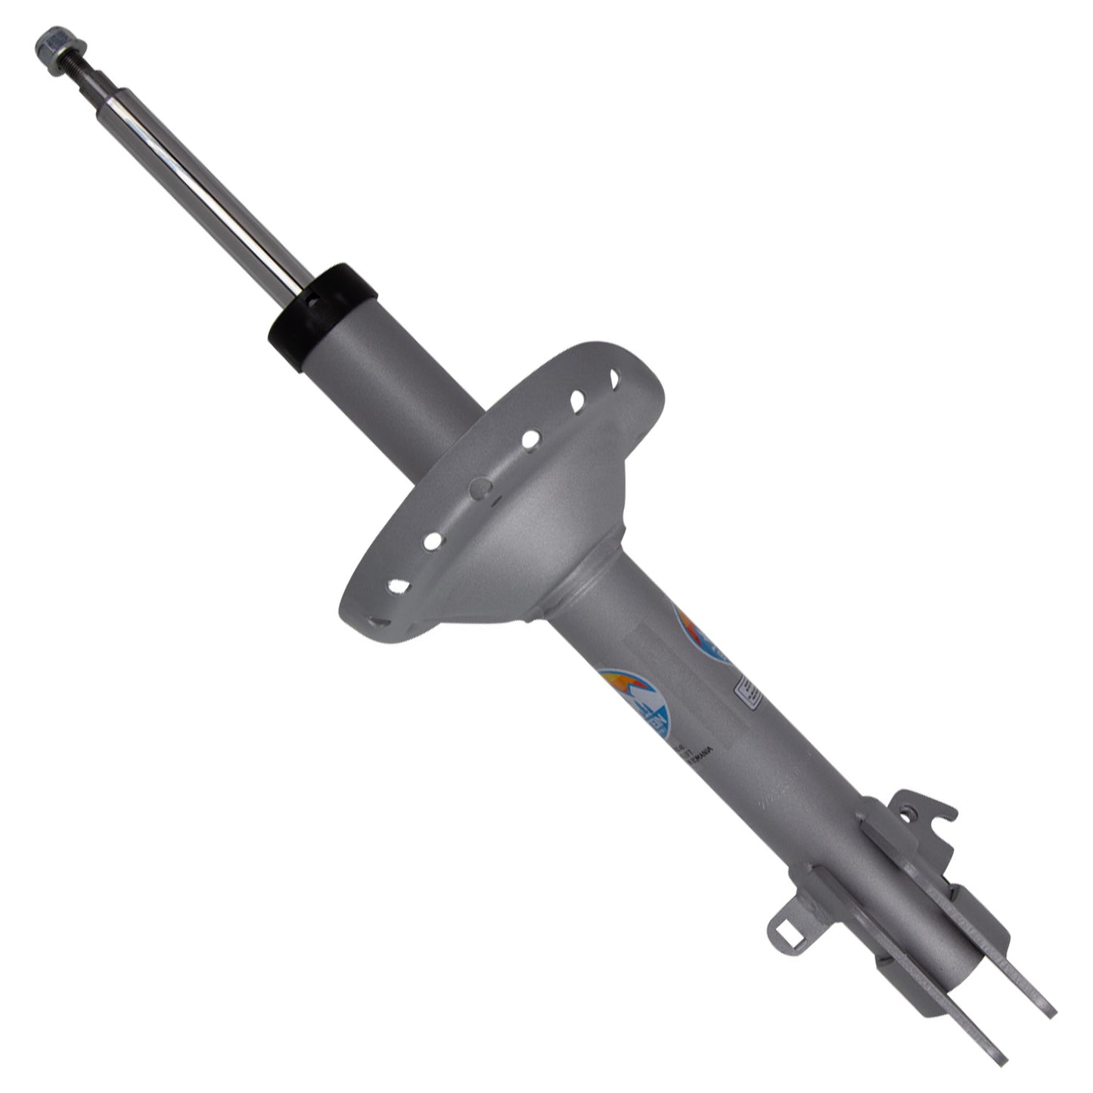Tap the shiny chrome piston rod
coord(204,182)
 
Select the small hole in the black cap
coord(310,300)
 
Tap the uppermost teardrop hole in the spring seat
coord(614,377)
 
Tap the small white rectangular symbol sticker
coord(749,692)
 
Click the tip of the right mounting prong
coord(1048,1010)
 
